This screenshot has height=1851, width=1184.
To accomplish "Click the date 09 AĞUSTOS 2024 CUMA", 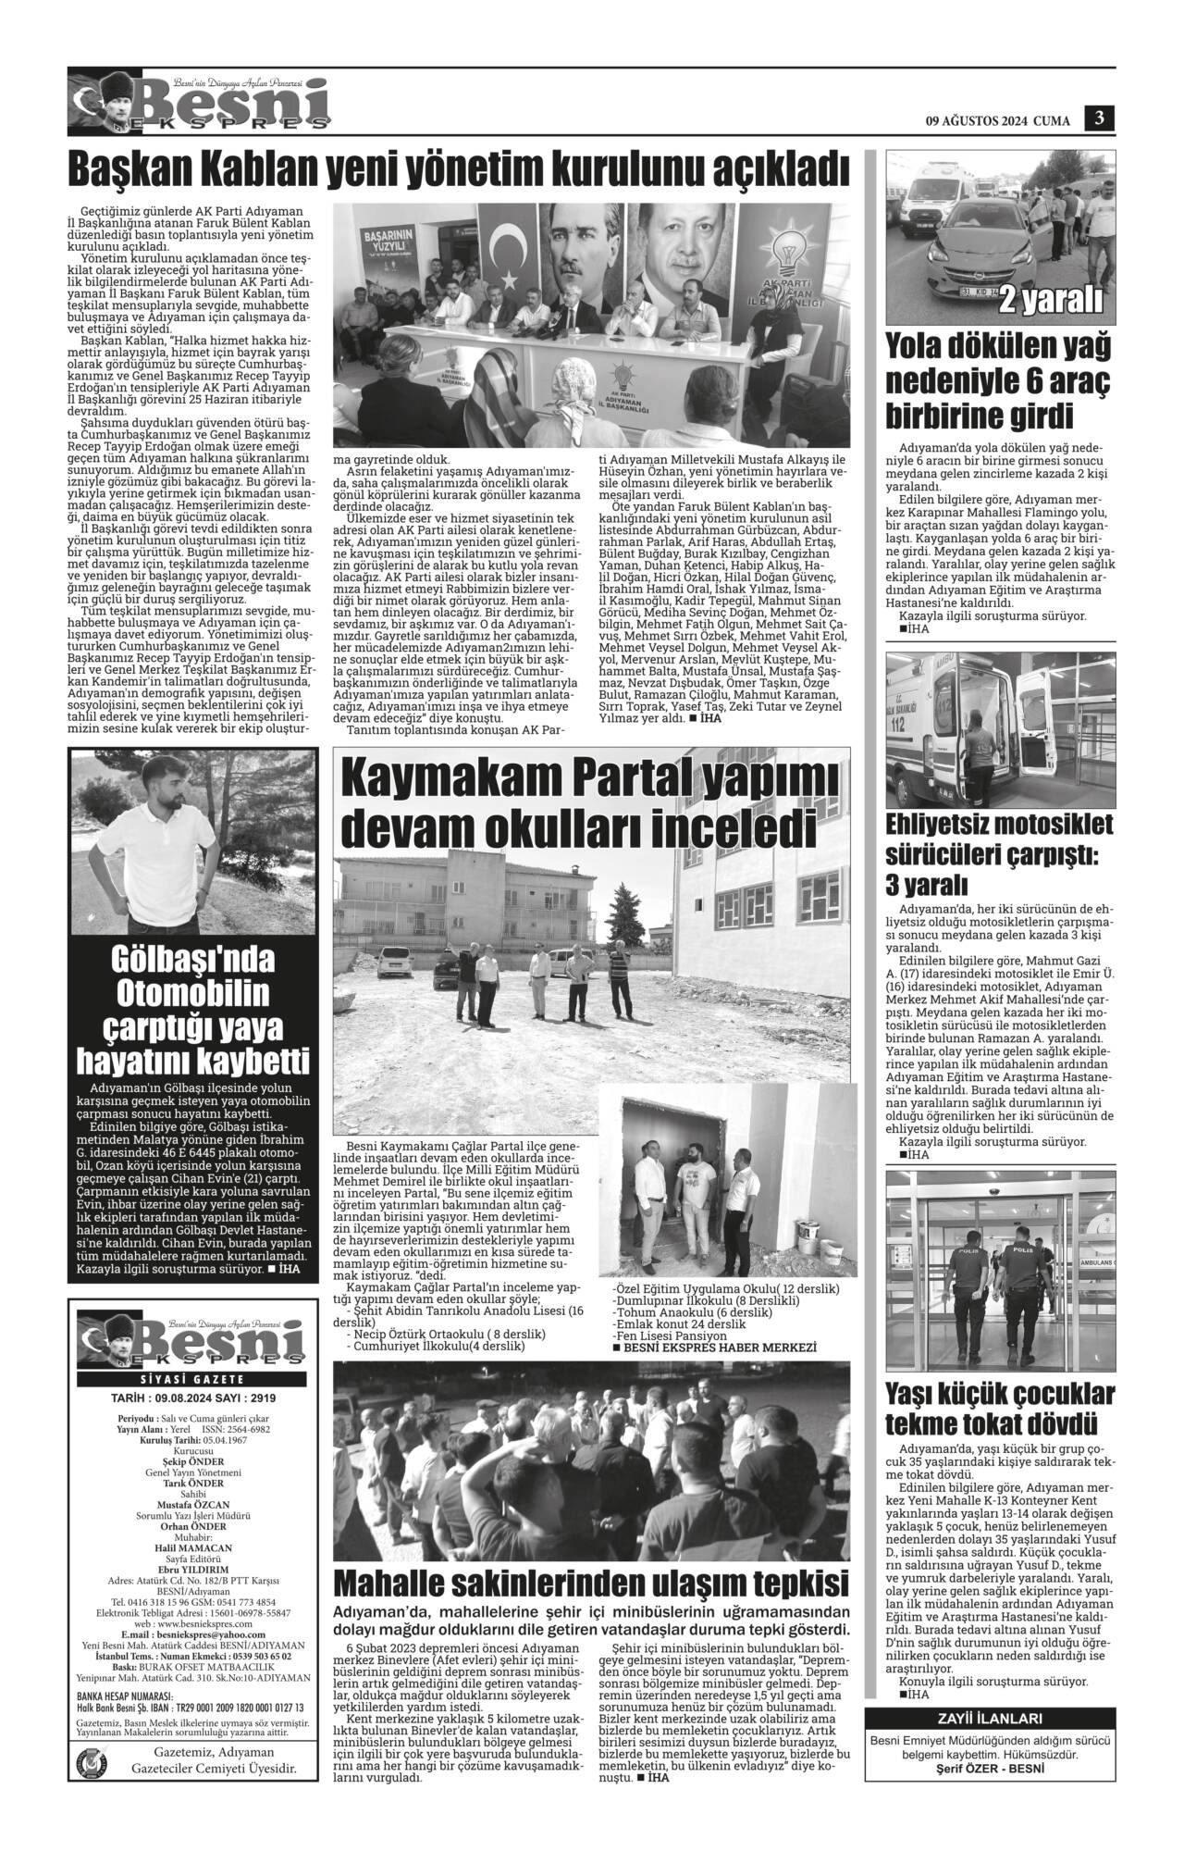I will (997, 120).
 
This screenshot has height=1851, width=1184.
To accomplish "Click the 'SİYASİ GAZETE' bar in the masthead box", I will (191, 1380).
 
